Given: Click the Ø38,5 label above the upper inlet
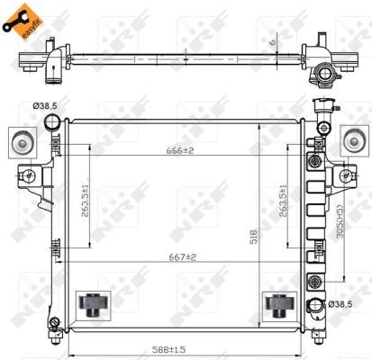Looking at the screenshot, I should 46,106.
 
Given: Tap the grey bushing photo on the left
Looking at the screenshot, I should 19,141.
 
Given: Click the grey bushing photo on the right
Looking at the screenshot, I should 356,141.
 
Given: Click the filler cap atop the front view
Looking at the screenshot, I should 322,107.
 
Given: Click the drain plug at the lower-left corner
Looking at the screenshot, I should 55,320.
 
